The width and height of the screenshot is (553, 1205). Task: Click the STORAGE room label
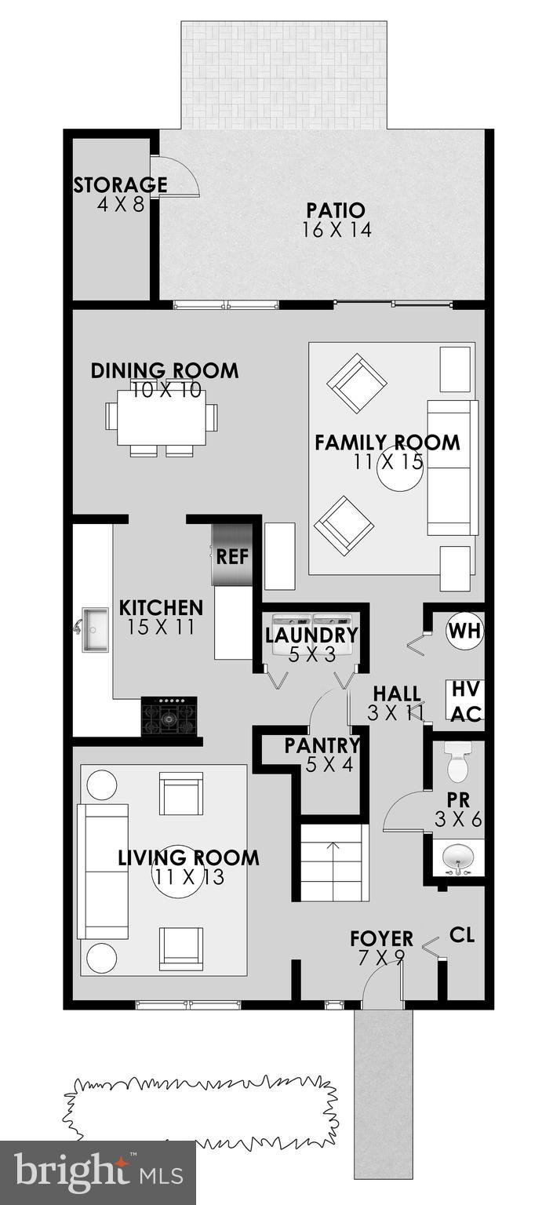click(119, 185)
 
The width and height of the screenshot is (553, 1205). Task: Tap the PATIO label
click(336, 210)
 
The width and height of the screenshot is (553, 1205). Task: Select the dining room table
click(162, 416)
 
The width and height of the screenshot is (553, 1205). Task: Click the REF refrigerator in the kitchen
click(232, 556)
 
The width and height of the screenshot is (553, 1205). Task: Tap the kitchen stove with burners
click(169, 715)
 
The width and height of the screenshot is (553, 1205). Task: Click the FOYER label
click(381, 938)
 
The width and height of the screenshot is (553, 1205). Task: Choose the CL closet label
click(462, 935)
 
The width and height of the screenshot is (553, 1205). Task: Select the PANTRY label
click(322, 745)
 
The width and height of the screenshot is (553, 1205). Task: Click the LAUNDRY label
click(311, 635)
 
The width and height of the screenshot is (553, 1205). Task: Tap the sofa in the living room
click(102, 871)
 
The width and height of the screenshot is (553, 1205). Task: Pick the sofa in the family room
click(453, 468)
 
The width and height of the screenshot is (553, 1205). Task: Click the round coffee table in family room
click(398, 471)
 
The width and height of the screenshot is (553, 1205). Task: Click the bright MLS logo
click(97, 1173)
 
